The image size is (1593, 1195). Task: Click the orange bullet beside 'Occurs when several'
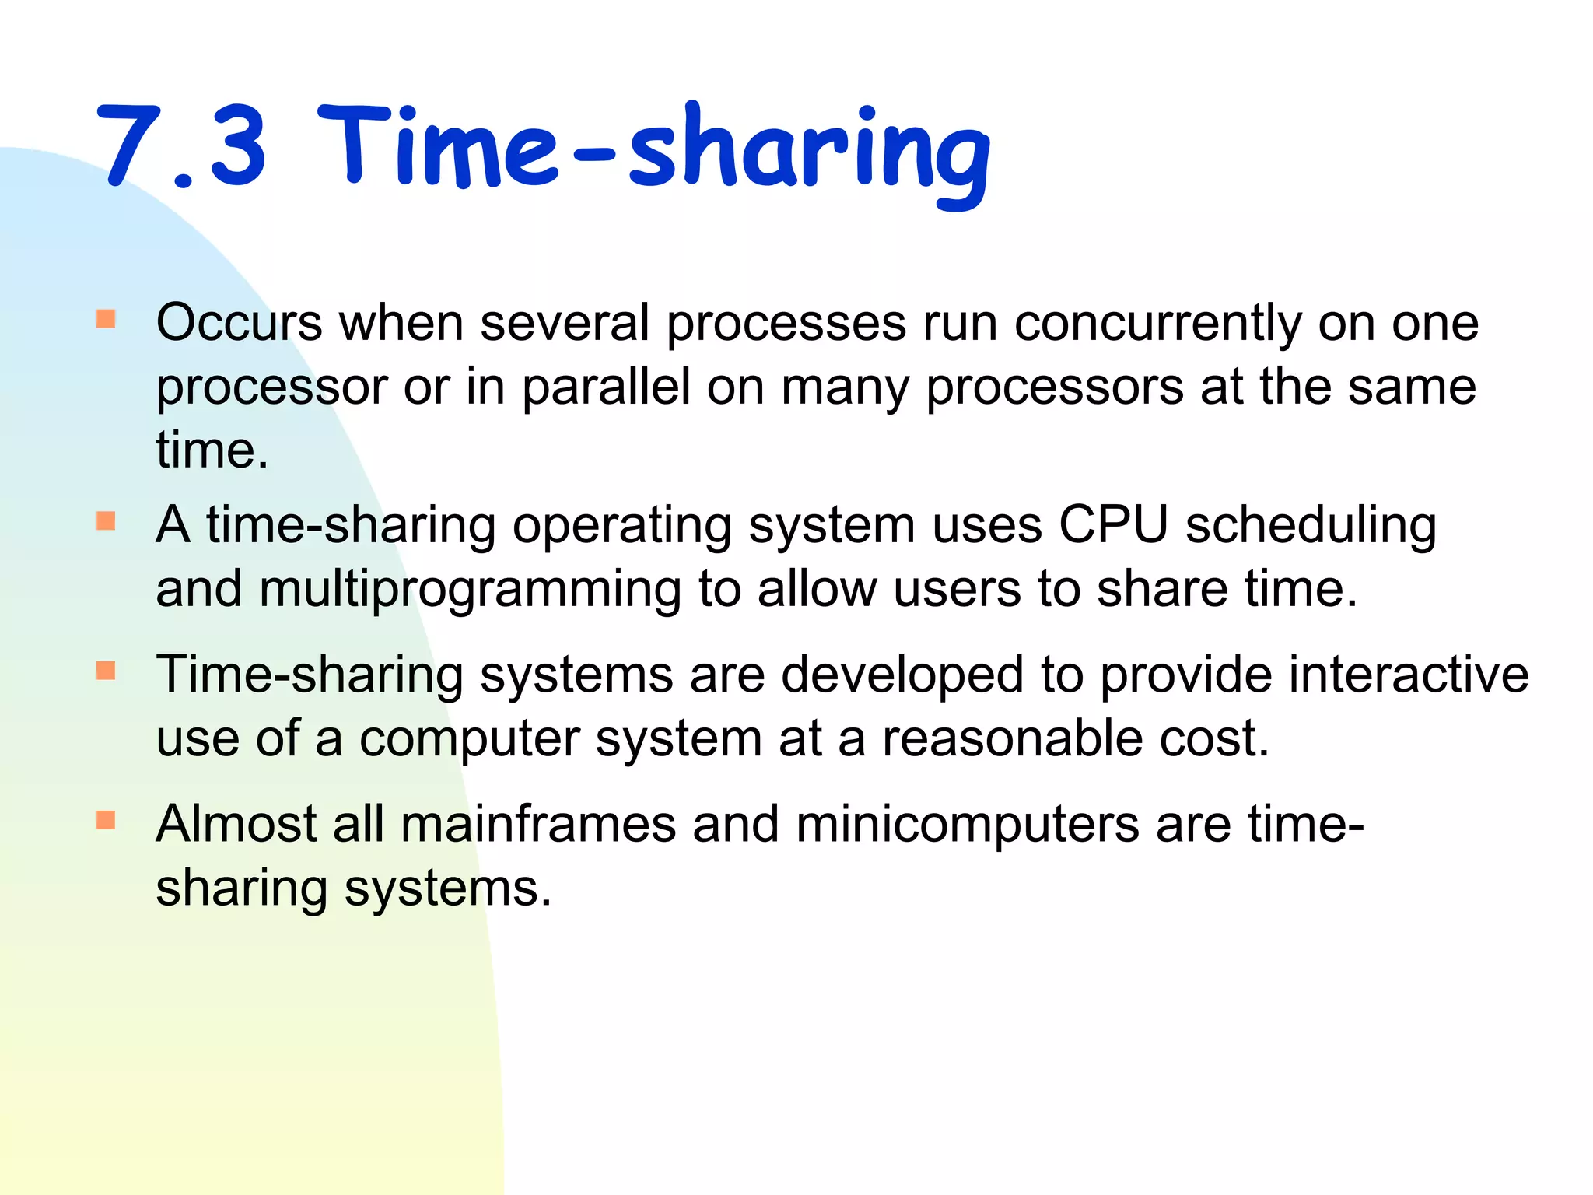pos(106,319)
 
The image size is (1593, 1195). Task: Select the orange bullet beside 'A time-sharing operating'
pos(106,520)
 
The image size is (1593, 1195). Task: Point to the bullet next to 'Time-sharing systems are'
pos(106,670)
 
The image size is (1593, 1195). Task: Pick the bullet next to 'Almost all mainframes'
pos(106,820)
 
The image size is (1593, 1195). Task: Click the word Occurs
pos(239,323)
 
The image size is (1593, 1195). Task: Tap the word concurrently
pos(1157,323)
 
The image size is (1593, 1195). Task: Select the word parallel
pos(606,387)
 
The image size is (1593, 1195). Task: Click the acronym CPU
pos(1113,525)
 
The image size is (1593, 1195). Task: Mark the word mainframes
pos(537,824)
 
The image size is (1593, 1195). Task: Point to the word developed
pos(902,676)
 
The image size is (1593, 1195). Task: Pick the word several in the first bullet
pos(565,323)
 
